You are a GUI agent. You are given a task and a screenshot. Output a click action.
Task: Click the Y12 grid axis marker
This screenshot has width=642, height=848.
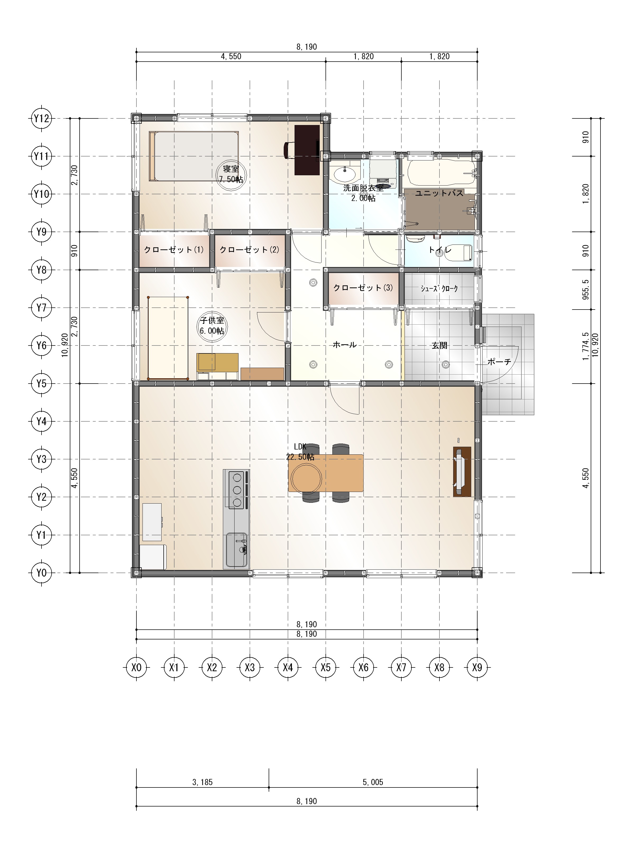click(42, 118)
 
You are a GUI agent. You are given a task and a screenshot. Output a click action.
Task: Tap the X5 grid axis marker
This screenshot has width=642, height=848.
click(325, 667)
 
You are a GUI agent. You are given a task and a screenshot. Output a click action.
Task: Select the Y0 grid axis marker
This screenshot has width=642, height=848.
click(42, 573)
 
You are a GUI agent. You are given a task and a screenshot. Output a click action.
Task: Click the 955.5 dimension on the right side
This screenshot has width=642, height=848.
click(586, 289)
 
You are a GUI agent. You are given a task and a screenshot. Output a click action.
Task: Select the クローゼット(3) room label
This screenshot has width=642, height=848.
click(363, 288)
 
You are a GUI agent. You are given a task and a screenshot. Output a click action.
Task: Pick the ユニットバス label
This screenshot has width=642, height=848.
click(439, 193)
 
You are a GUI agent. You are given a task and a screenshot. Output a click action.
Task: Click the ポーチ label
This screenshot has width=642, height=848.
click(499, 362)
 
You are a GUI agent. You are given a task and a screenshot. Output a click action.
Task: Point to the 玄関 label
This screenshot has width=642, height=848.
click(439, 345)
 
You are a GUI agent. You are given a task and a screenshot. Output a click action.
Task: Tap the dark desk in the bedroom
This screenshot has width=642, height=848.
click(307, 150)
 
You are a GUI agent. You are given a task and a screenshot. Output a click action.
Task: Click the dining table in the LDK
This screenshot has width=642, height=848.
click(325, 473)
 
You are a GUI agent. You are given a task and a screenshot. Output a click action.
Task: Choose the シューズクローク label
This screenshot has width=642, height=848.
click(439, 289)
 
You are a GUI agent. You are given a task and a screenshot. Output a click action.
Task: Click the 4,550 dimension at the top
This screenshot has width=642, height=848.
click(231, 56)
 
